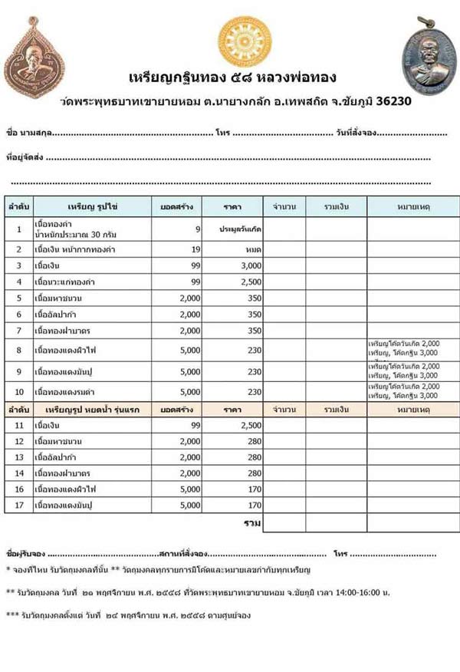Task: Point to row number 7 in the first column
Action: click(18, 331)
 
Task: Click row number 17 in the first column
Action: click(18, 506)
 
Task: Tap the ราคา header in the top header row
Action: click(232, 207)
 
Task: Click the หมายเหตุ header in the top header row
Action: click(412, 207)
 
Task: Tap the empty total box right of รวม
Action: click(284, 523)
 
